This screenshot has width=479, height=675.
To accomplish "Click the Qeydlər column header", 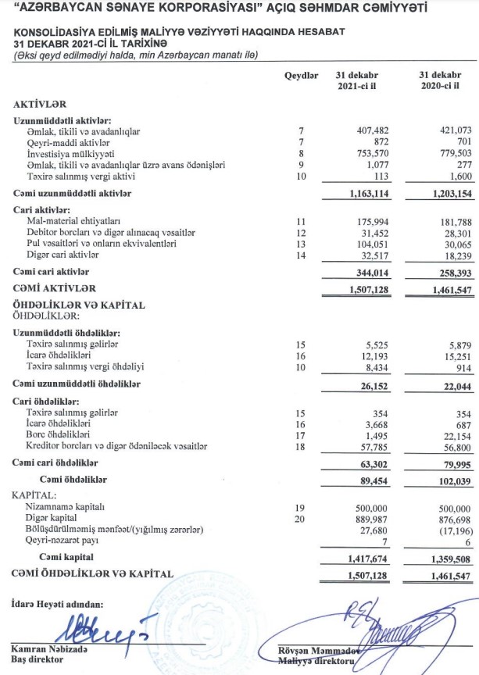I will (x=302, y=75).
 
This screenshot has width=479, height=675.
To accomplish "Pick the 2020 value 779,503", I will (x=447, y=154).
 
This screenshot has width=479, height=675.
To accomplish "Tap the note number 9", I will (x=300, y=165).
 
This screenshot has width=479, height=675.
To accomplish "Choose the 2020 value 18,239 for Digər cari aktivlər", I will (x=449, y=255).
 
